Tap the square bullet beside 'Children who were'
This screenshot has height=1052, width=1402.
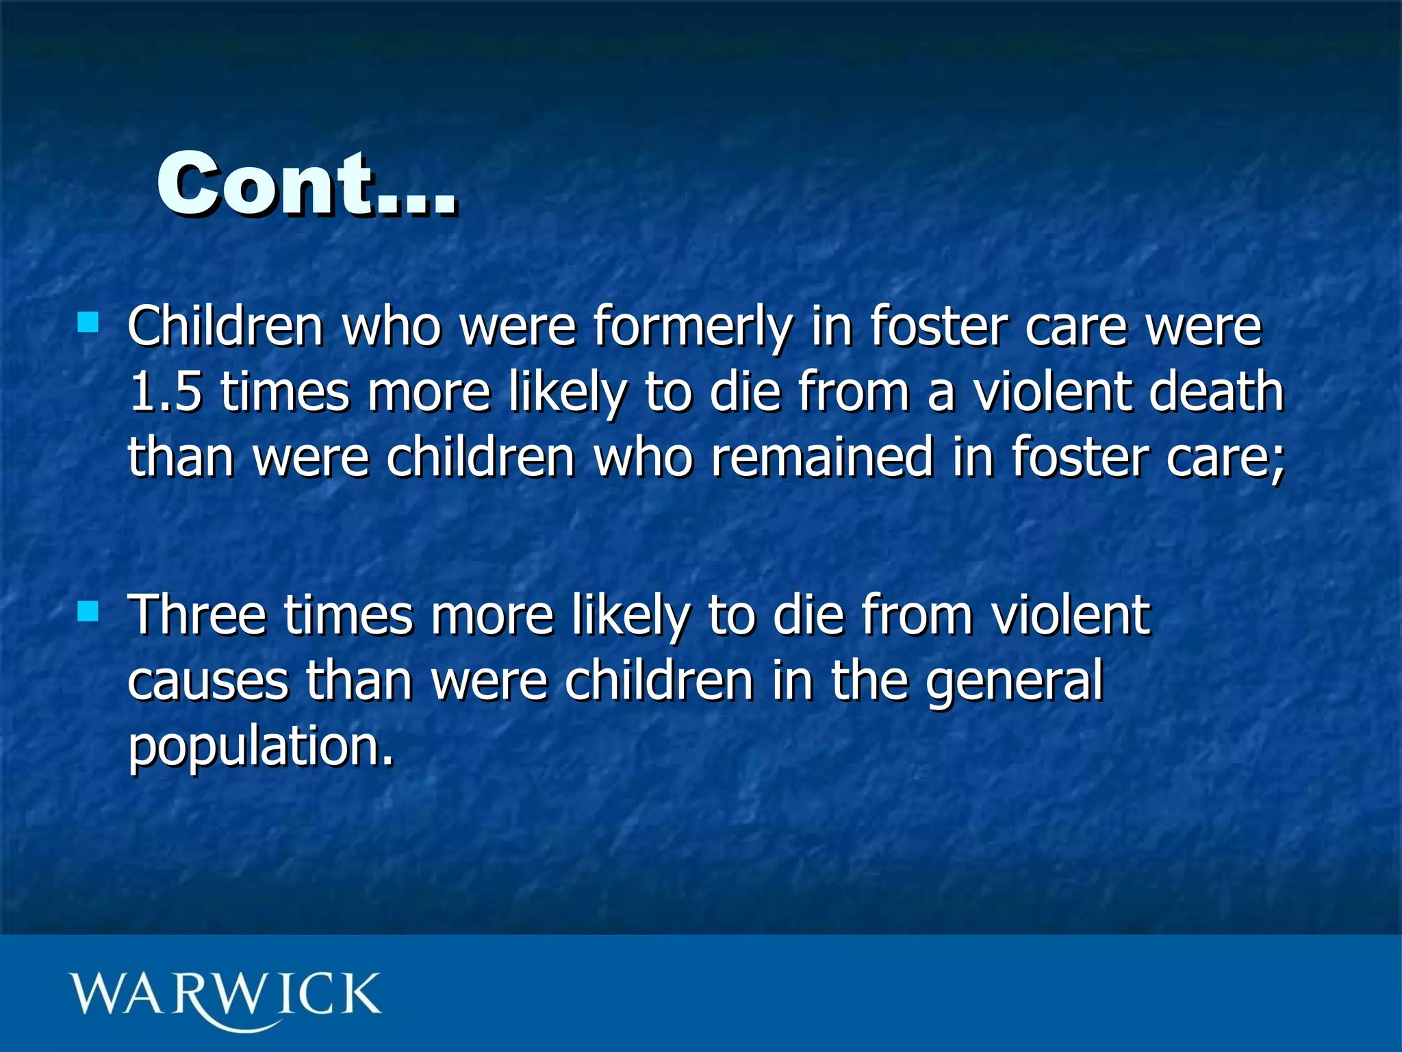pyautogui.click(x=88, y=322)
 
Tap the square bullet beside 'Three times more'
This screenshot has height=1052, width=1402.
pyautogui.click(x=88, y=611)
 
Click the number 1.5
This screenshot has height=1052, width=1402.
pyautogui.click(x=165, y=392)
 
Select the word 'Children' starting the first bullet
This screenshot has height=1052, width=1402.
pyautogui.click(x=225, y=327)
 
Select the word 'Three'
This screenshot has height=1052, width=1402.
pyautogui.click(x=197, y=615)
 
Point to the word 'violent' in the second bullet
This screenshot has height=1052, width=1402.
pyautogui.click(x=1071, y=615)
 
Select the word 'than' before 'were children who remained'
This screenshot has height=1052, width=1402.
pyautogui.click(x=181, y=458)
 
